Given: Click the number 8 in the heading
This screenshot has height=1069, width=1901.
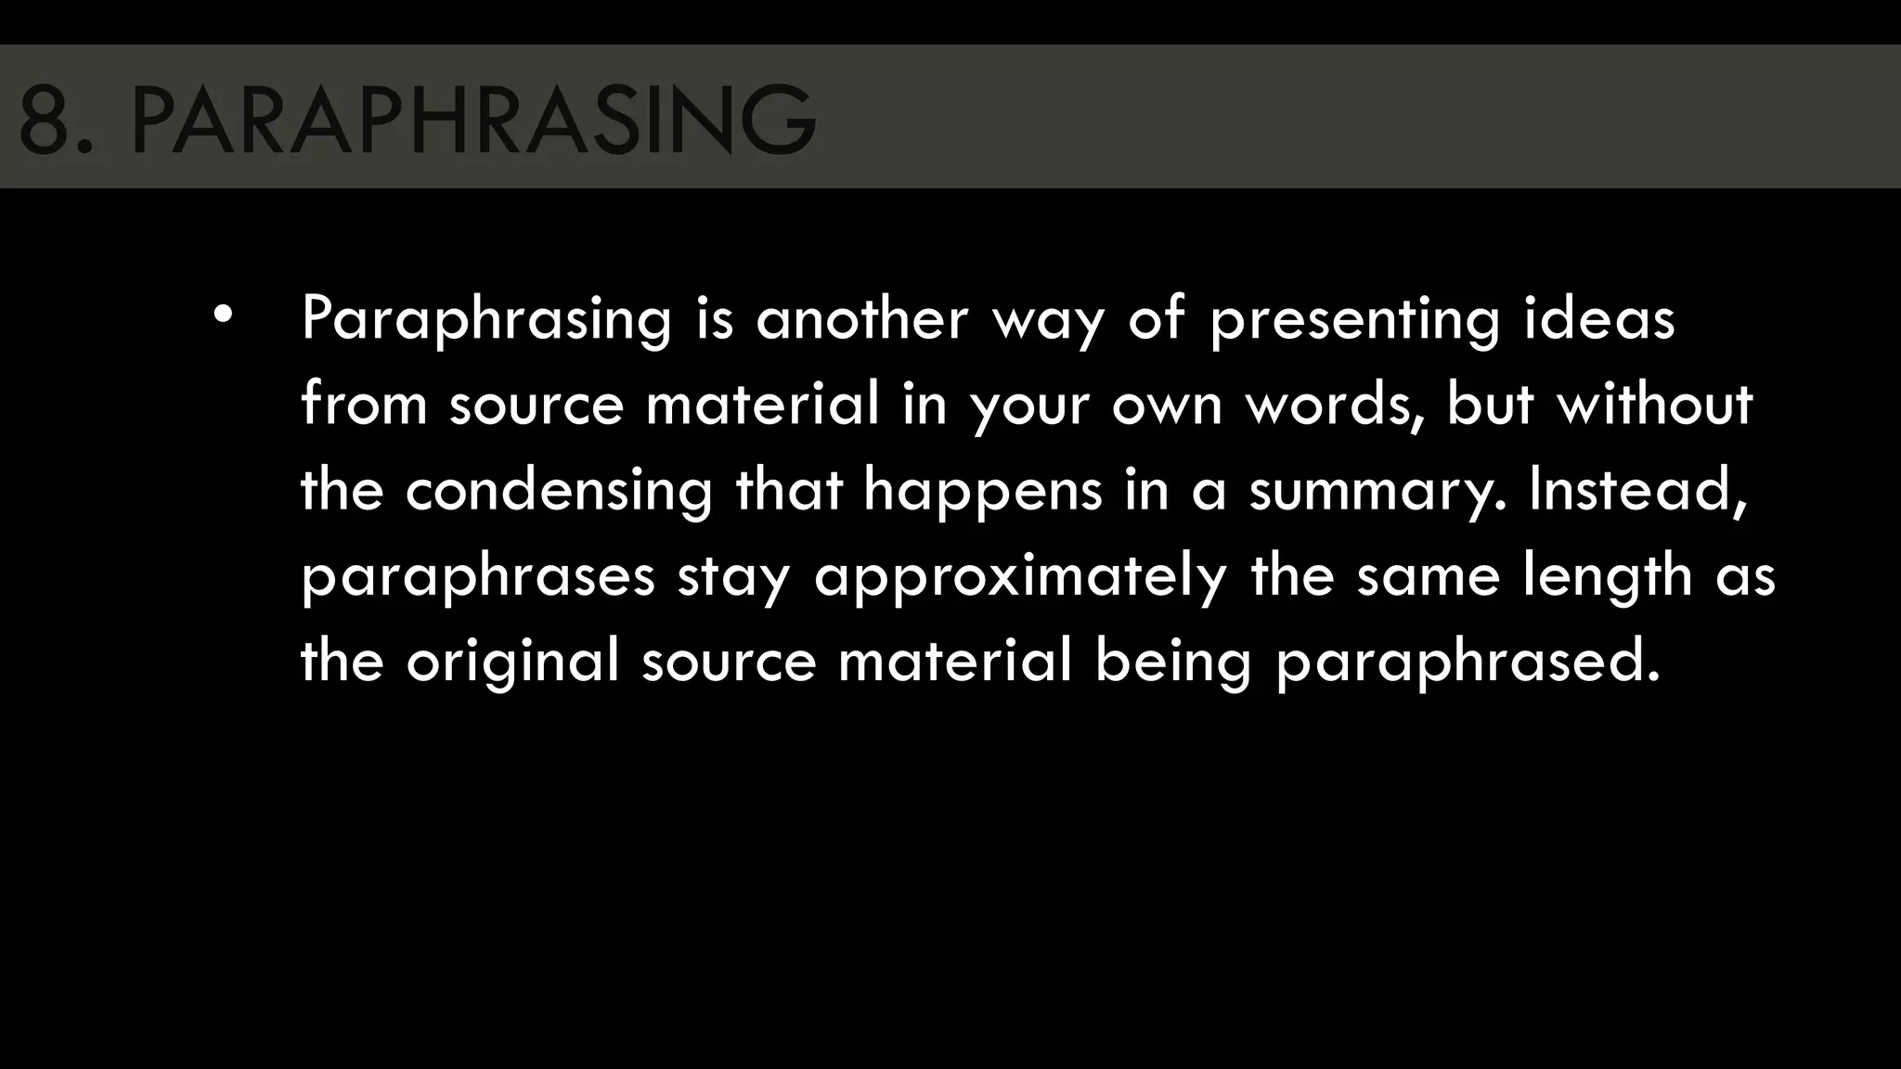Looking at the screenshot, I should (x=44, y=120).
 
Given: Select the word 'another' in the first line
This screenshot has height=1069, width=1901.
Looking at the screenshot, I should (x=862, y=318).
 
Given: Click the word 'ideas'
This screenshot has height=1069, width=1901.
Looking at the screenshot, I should (x=1599, y=318).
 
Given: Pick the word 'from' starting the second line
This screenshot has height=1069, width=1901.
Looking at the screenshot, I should (x=364, y=405).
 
